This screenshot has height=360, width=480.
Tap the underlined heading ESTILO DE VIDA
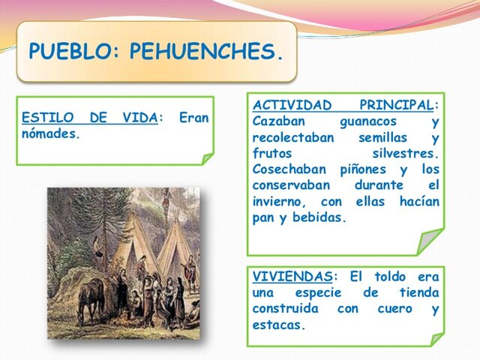pyautogui.click(x=90, y=118)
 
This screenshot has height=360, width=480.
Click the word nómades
pyautogui.click(x=50, y=134)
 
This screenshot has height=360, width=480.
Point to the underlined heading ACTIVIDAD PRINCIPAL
pyautogui.click(x=345, y=104)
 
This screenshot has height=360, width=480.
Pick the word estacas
pyautogui.click(x=278, y=325)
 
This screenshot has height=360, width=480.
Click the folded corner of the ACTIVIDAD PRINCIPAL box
pyautogui.click(x=429, y=241)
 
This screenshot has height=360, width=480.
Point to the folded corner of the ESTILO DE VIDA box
pyautogui.click(x=207, y=158)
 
